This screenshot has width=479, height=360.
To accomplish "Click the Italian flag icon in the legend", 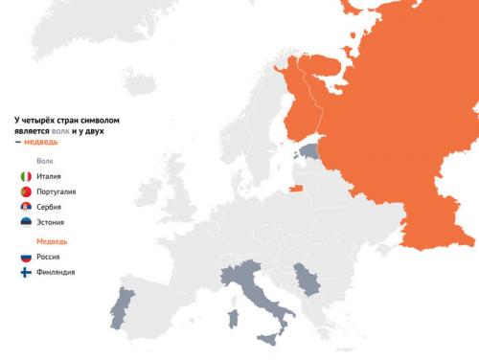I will [26, 177].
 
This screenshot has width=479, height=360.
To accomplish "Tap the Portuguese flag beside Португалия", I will [26, 192].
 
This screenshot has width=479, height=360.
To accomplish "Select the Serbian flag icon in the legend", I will [26, 207].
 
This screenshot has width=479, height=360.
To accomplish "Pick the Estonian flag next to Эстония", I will [26, 222].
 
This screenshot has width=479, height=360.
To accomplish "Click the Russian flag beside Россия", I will [26, 258].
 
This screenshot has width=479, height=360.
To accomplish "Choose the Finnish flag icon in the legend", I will [26, 273].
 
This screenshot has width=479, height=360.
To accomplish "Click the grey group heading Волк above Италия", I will [44, 161].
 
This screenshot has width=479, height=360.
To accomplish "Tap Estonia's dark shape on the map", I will [310, 150].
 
